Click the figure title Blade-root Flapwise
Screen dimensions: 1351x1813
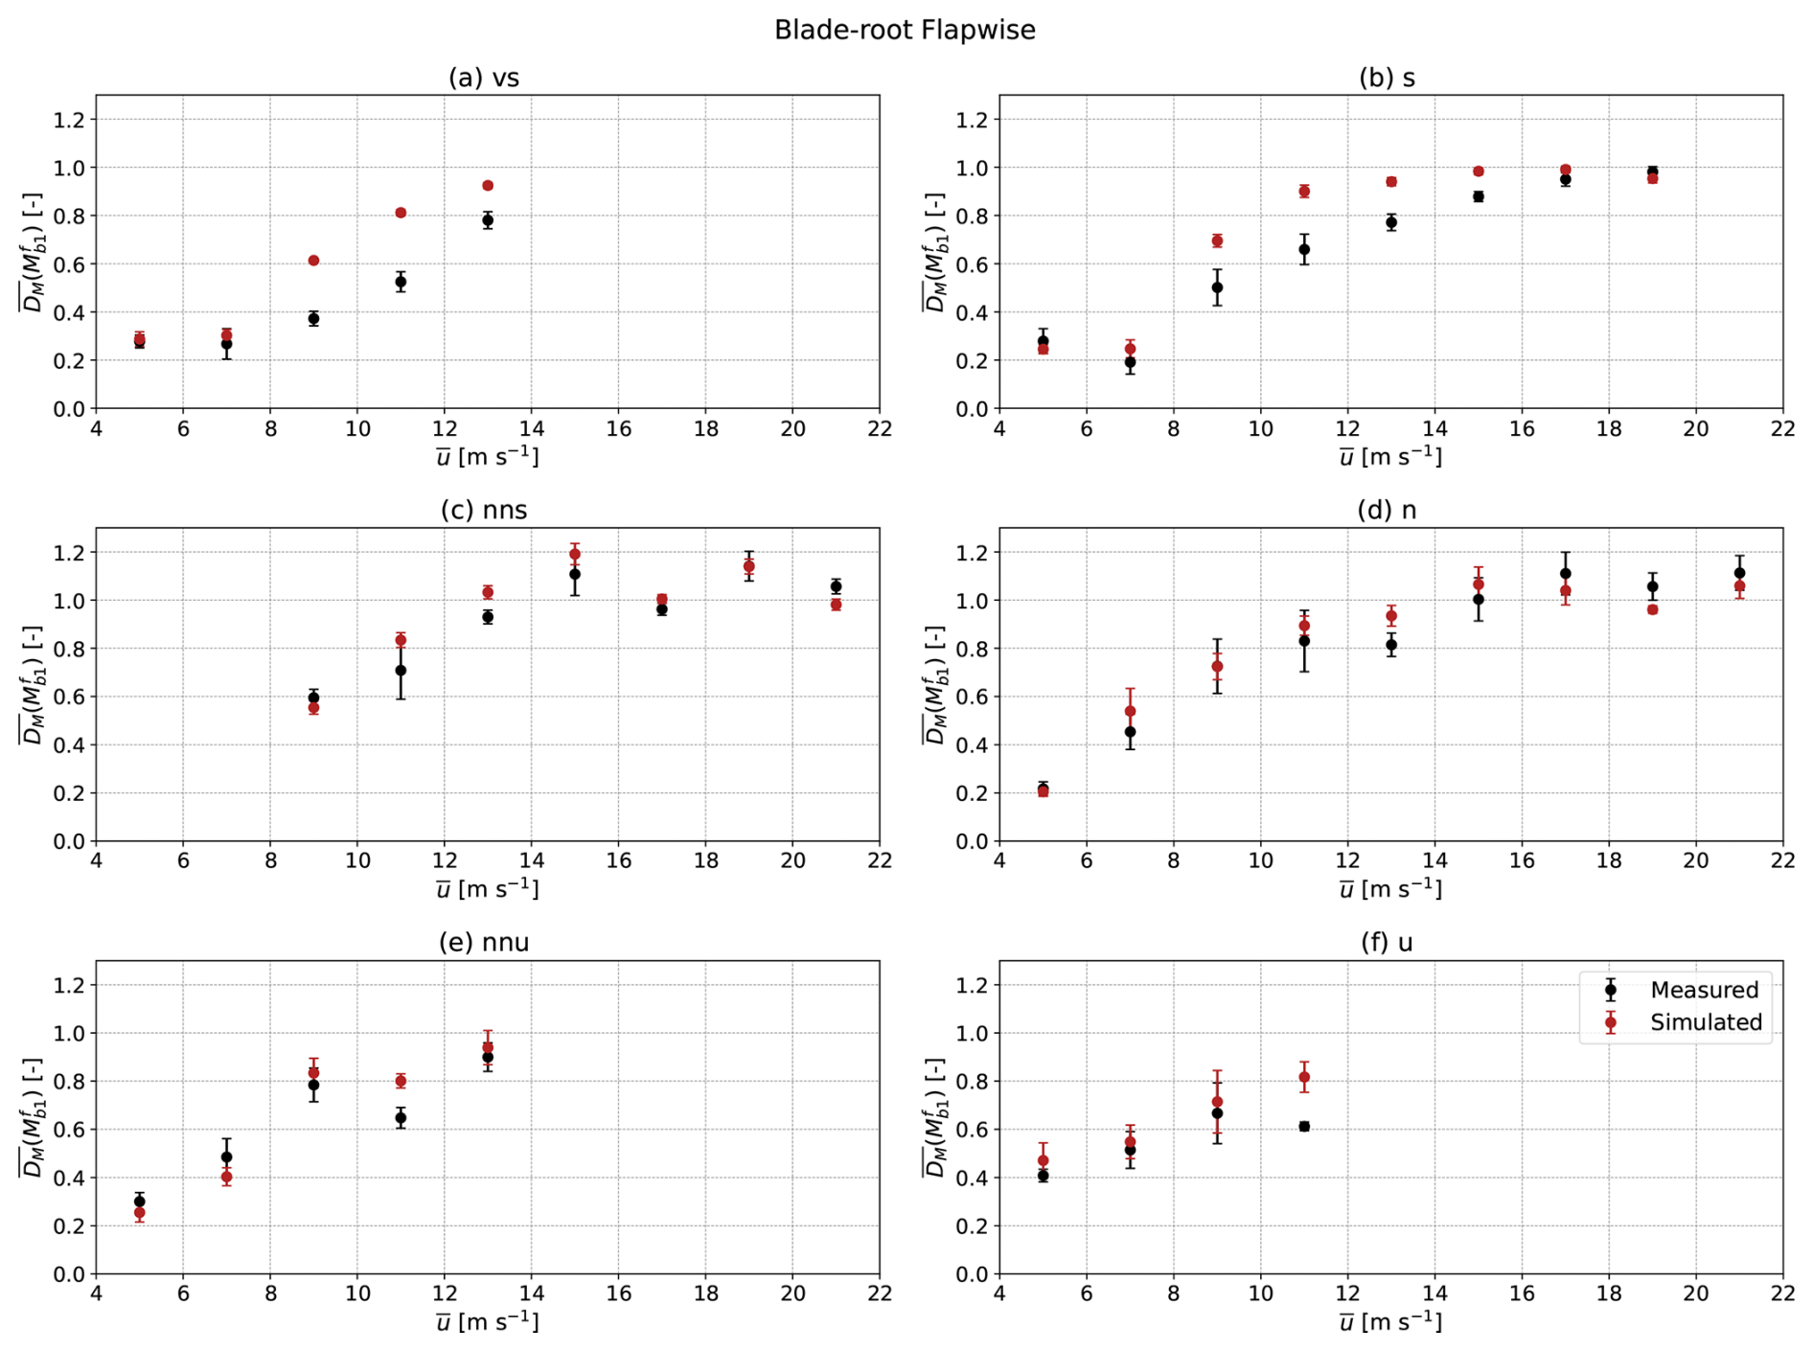(x=905, y=30)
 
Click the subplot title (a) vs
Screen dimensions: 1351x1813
(x=484, y=78)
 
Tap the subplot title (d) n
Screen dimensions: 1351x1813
(x=1387, y=510)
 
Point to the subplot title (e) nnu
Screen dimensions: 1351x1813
(x=484, y=943)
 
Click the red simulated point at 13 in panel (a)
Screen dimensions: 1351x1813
(x=488, y=185)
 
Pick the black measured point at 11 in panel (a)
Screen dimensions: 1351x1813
(x=401, y=282)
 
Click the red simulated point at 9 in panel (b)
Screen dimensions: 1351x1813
(x=1217, y=240)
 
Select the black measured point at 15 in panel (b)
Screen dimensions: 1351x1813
(x=1479, y=196)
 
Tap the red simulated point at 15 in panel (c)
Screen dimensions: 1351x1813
(x=575, y=554)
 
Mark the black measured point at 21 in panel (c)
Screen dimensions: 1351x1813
(x=836, y=586)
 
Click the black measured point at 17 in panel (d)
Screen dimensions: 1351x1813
(x=1566, y=574)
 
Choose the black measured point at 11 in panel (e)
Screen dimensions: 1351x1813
(x=401, y=1117)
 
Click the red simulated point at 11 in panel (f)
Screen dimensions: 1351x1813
(x=1304, y=1077)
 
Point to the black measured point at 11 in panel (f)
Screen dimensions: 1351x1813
(x=1304, y=1127)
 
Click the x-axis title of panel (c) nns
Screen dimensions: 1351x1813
(x=488, y=889)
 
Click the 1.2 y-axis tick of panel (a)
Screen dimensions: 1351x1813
(x=72, y=120)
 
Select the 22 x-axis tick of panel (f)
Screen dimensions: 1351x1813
(x=1782, y=1294)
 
